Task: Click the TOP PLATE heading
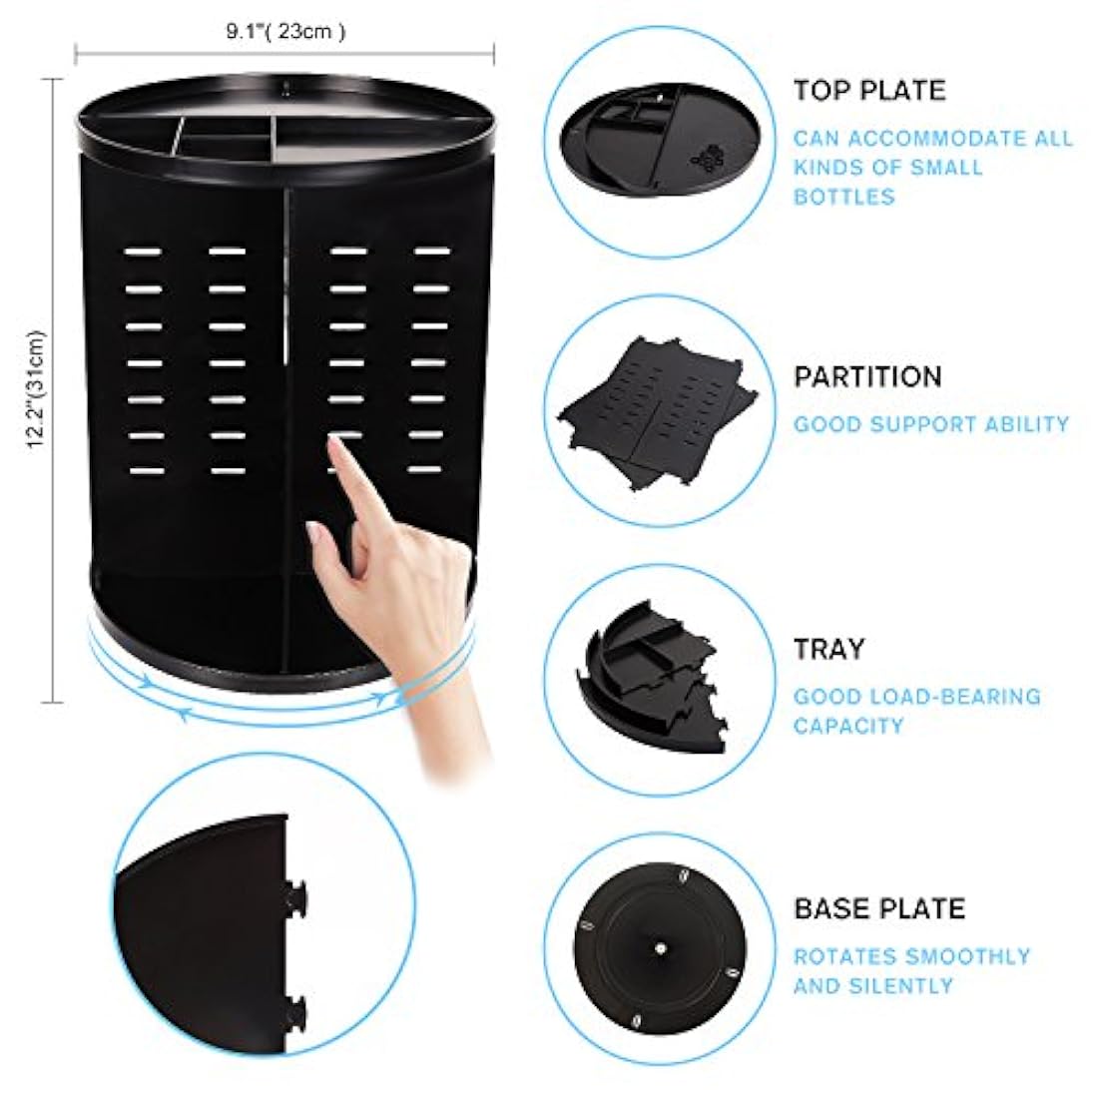(x=868, y=90)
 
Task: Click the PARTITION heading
(x=867, y=377)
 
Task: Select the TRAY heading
(x=828, y=649)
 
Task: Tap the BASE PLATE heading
(x=879, y=908)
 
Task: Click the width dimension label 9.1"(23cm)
(x=284, y=31)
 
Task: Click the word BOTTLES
(x=843, y=196)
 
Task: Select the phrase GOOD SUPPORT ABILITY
(x=930, y=424)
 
